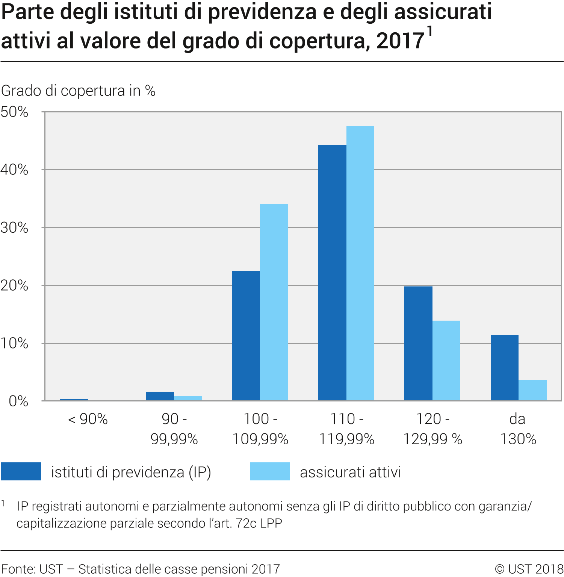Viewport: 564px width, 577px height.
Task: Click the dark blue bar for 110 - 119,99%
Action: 332,273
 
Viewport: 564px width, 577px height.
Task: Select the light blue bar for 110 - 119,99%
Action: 360,263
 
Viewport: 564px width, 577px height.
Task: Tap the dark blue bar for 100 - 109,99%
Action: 246,336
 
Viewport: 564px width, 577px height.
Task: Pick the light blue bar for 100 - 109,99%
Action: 274,302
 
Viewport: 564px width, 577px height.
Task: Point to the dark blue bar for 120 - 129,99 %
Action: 418,343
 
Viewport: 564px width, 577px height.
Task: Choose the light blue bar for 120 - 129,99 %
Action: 446,360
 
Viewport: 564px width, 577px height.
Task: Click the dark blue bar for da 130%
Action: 504,368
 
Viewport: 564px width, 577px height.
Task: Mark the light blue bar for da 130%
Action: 532,390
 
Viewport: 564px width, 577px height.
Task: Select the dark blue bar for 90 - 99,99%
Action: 160,396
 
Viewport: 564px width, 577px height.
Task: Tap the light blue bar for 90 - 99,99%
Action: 188,398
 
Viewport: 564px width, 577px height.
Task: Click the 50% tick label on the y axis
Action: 14,112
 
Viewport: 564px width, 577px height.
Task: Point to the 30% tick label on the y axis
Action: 14,228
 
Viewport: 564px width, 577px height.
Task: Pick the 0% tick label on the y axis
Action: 18,401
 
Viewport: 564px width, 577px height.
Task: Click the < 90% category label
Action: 88,419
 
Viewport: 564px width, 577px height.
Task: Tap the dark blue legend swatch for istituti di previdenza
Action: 21,471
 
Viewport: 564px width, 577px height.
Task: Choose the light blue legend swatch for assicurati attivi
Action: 270,471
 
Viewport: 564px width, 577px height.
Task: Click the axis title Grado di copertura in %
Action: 78,91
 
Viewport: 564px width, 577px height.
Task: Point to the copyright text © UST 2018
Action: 529,569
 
